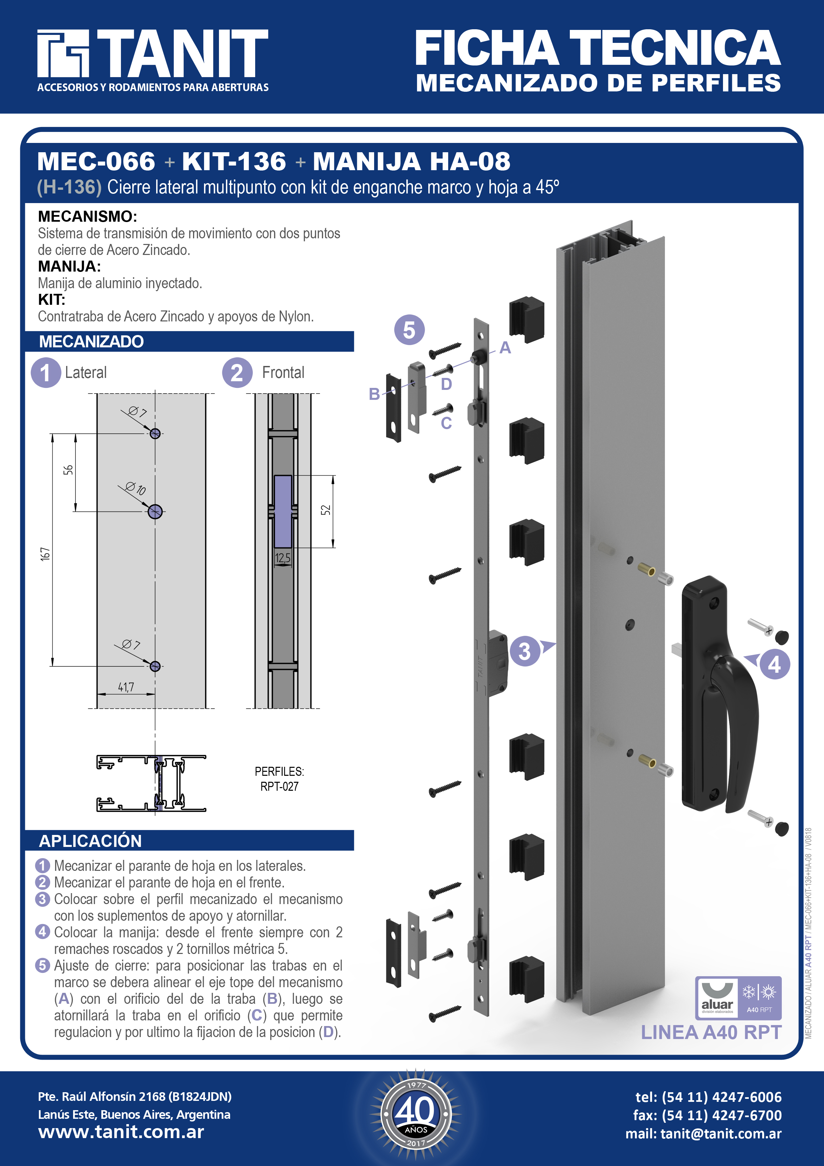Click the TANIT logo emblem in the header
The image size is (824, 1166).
pyautogui.click(x=63, y=53)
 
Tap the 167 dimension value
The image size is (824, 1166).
pyautogui.click(x=45, y=553)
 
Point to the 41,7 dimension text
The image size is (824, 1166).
pyautogui.click(x=126, y=687)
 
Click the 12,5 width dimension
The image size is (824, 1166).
pyautogui.click(x=283, y=558)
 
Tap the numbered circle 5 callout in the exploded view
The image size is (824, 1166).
pyautogui.click(x=409, y=330)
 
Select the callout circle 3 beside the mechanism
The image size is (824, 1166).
pyautogui.click(x=524, y=651)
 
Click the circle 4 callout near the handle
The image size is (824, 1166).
pyautogui.click(x=774, y=664)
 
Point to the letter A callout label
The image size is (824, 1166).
pyautogui.click(x=505, y=348)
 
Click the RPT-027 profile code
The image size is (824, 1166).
pyautogui.click(x=279, y=787)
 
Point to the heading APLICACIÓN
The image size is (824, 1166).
pyautogui.click(x=90, y=841)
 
